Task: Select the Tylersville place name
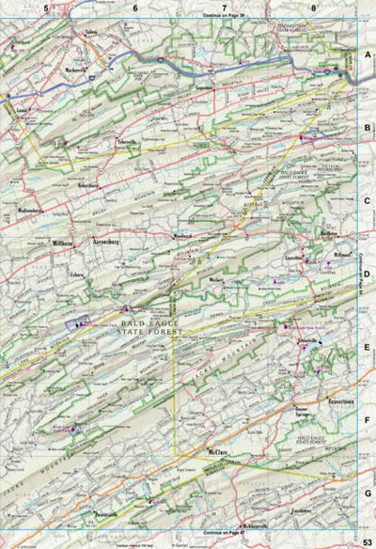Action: point(126,141)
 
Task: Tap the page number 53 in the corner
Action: point(367,538)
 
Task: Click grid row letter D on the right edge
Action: point(368,277)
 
